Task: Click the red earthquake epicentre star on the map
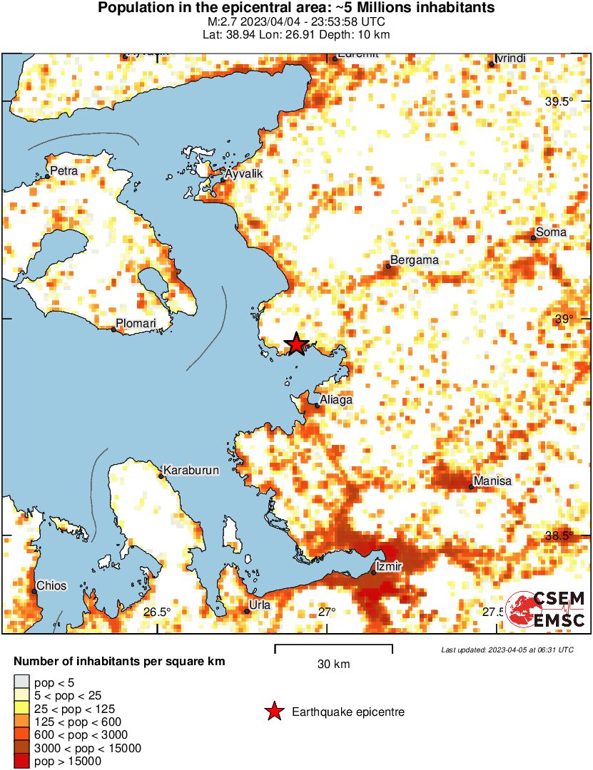coord(296,344)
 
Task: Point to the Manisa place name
coord(492,481)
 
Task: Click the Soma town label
coord(551,232)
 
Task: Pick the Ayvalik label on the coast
coord(244,174)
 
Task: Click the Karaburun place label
coord(191,471)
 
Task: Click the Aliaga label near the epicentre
coord(336,401)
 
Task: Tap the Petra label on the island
coord(64,171)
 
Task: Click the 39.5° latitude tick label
coord(559,102)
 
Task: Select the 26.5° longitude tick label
coord(156,612)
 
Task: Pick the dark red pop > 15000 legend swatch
coord(22,761)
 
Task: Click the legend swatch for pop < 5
coord(22,683)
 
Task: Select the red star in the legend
coord(273,712)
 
